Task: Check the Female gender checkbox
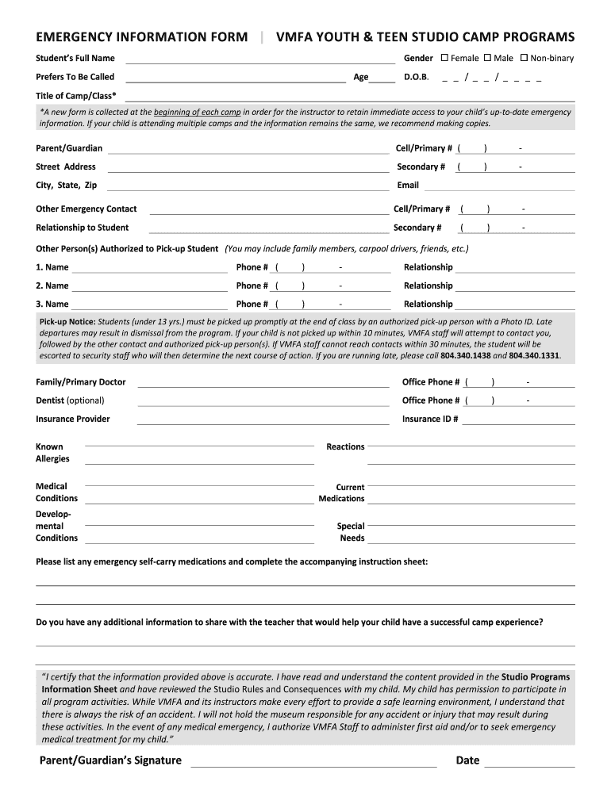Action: click(x=444, y=58)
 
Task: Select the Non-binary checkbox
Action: click(x=524, y=58)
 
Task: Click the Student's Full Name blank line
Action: click(x=259, y=61)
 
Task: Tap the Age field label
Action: click(x=361, y=77)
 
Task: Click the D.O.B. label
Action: click(x=417, y=77)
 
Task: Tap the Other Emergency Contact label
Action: click(x=86, y=209)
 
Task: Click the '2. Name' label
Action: click(x=52, y=285)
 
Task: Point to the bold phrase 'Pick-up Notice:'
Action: click(x=67, y=322)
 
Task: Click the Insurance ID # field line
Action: click(x=518, y=423)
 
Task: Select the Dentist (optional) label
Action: click(x=70, y=400)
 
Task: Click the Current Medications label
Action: click(x=342, y=493)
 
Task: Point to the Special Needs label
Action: click(x=351, y=532)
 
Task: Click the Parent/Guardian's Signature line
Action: click(x=313, y=765)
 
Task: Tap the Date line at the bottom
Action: click(x=529, y=765)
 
